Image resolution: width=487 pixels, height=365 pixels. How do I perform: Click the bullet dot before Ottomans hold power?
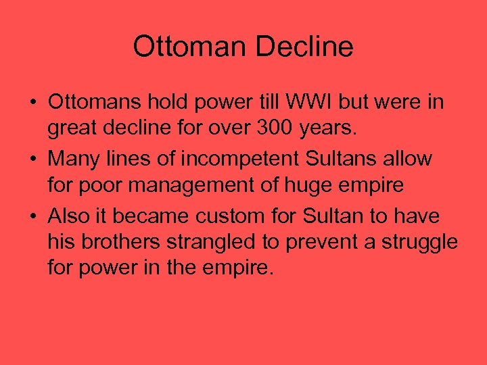(33, 103)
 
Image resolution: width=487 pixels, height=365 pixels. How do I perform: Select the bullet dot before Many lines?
(33, 160)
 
